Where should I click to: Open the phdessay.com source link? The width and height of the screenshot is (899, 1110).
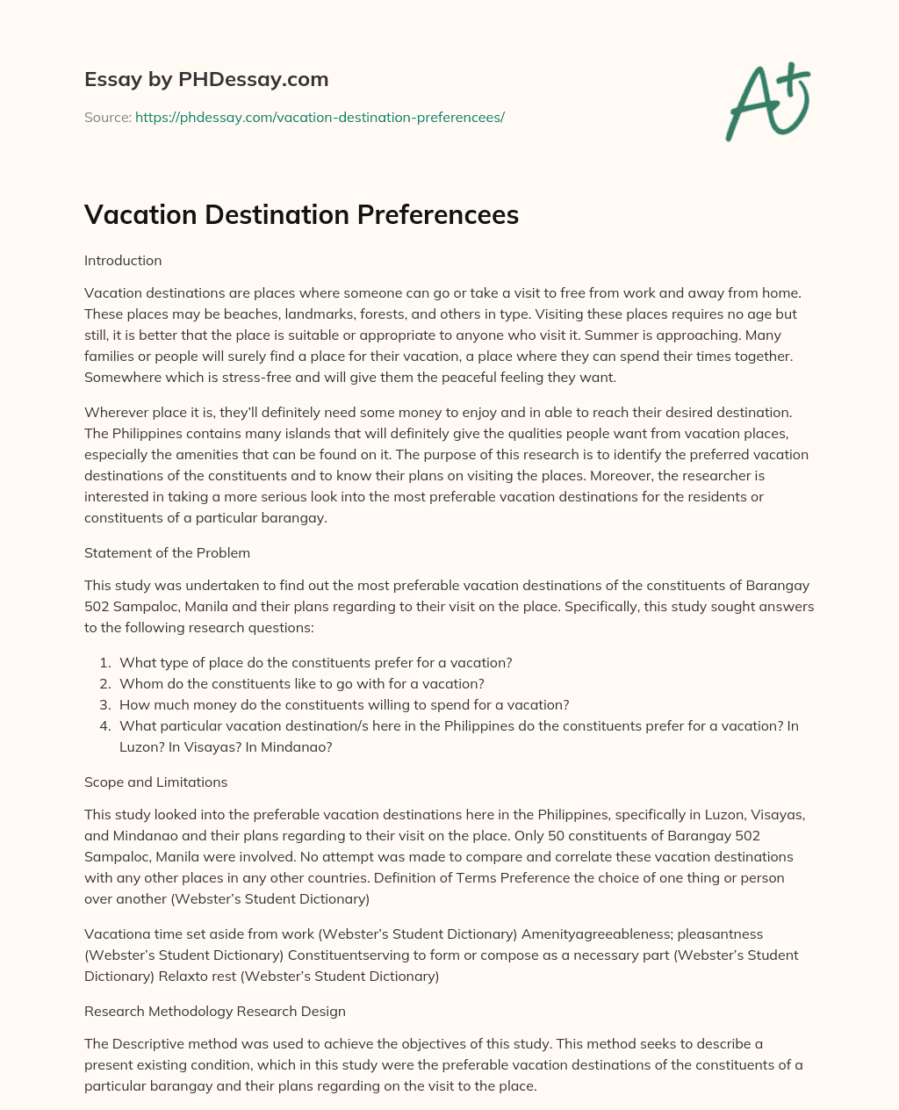(x=320, y=117)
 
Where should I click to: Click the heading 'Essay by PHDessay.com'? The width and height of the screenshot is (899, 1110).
(x=206, y=79)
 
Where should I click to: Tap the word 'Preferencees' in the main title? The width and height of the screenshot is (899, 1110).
(x=437, y=214)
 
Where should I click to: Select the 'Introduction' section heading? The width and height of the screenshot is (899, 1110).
(x=123, y=261)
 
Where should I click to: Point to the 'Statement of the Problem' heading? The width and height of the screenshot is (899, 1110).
(x=167, y=553)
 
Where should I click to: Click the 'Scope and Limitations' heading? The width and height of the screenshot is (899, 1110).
(x=155, y=782)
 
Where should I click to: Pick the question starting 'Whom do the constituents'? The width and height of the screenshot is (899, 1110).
(x=301, y=684)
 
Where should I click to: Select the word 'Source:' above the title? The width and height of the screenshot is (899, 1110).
(x=107, y=117)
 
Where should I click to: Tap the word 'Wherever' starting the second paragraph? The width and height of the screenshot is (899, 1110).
(x=113, y=413)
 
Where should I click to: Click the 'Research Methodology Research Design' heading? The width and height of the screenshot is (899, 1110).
(x=215, y=1012)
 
